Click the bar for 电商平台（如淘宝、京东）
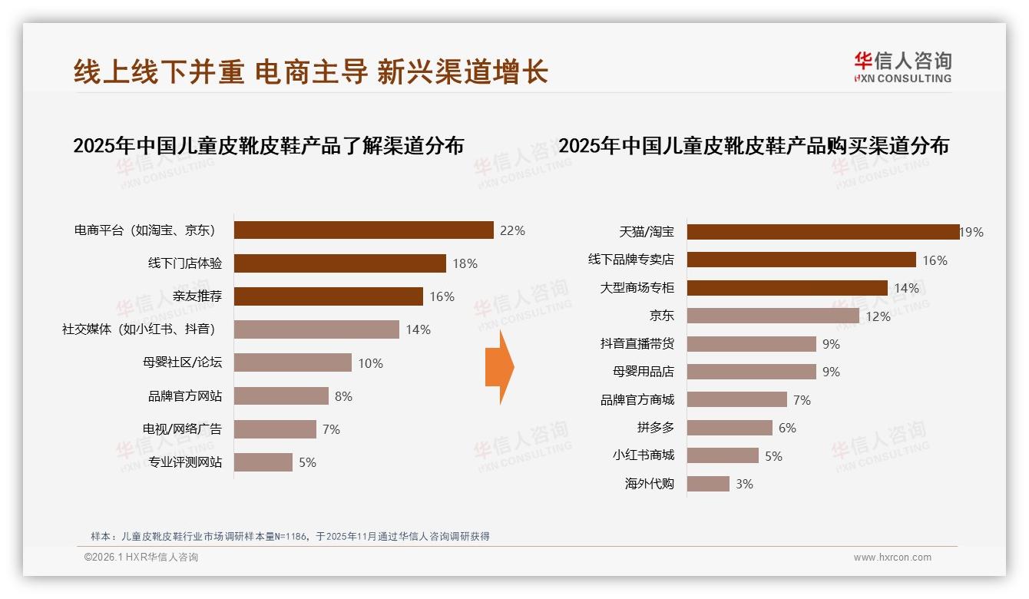coord(363,230)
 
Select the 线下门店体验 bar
coord(339,263)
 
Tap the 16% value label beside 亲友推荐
coord(442,296)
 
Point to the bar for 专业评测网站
coord(263,462)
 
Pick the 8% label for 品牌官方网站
coord(343,396)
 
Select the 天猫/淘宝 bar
coord(822,232)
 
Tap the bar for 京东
coord(773,316)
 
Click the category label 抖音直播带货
coord(637,344)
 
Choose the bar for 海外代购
coord(708,484)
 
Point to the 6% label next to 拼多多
coord(787,428)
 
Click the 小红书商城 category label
coord(643,455)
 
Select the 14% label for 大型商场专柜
coord(906,288)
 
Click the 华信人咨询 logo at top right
coord(902,67)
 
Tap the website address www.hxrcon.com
coord(892,558)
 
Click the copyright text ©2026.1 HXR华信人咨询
coord(141,558)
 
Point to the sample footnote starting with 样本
coord(290,537)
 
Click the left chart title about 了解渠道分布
coord(269,146)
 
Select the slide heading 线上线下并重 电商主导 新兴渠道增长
coord(311,71)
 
